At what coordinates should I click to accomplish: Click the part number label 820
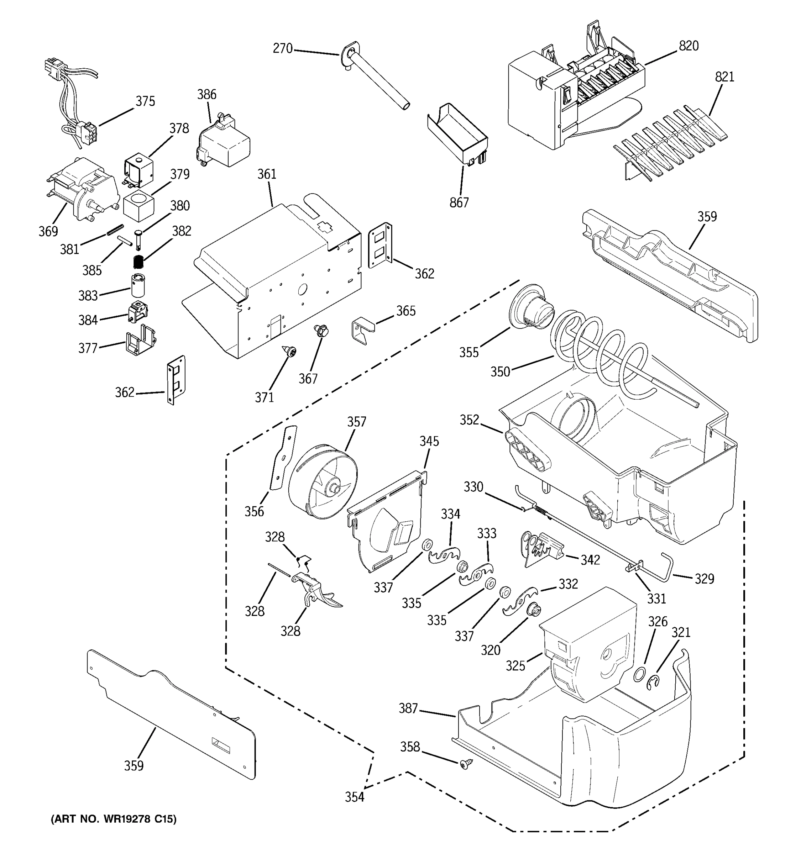[x=689, y=46]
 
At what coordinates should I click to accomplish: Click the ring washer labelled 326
[x=640, y=674]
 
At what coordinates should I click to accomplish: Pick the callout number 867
[x=459, y=202]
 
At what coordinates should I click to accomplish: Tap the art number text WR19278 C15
[x=114, y=819]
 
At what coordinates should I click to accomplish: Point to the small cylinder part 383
[x=138, y=285]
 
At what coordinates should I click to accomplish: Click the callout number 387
[x=408, y=708]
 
